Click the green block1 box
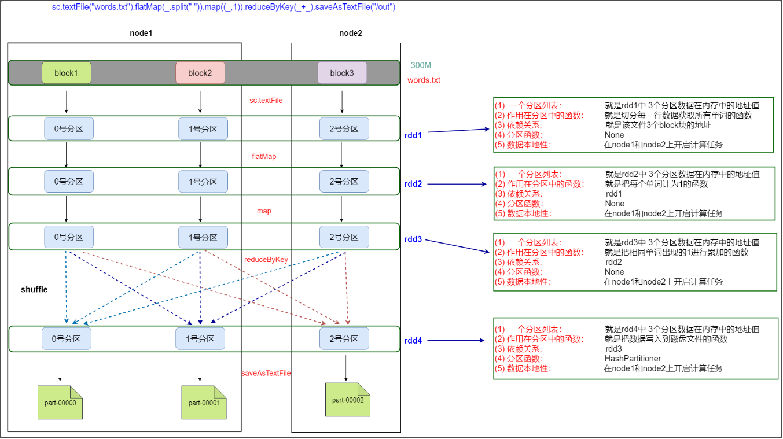tap(67, 73)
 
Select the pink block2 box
tap(200, 73)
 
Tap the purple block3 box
tap(342, 73)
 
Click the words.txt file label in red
tap(424, 80)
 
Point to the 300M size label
tap(421, 66)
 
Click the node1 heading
tap(141, 34)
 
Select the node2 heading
tap(351, 34)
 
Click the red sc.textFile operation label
tap(266, 100)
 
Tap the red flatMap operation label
tap(264, 156)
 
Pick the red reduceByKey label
tap(266, 259)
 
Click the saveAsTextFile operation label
tap(266, 373)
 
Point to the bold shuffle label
tap(34, 289)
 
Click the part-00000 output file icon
tap(60, 402)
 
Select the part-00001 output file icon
tap(204, 402)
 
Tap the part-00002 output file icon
tap(348, 400)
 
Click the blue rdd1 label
tap(413, 135)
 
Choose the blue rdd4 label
tap(413, 341)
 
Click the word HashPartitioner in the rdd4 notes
tap(633, 359)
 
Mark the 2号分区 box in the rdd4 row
tap(344, 338)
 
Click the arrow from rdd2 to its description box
tap(457, 185)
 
